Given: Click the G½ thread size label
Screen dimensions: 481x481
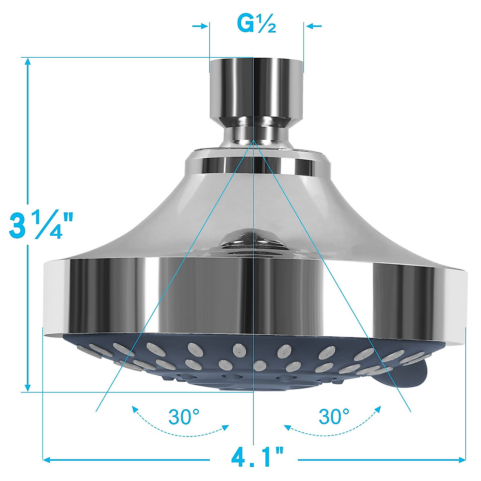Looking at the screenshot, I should coord(257,25).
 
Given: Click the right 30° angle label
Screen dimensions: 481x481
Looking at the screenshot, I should coord(334,417).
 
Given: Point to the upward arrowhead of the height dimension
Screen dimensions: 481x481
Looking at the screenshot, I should coord(28,61).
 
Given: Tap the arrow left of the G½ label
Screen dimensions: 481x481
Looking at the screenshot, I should coord(200,26).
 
